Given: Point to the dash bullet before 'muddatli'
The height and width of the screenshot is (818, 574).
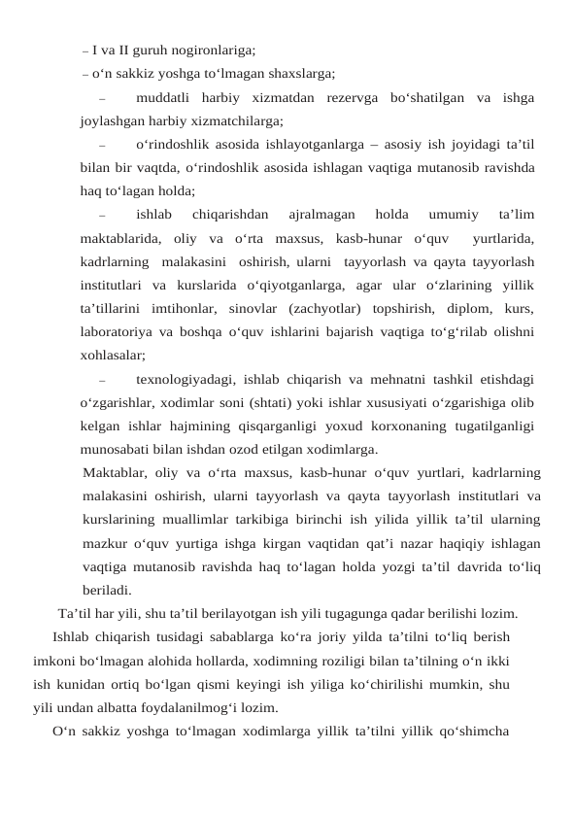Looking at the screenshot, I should click(101, 97).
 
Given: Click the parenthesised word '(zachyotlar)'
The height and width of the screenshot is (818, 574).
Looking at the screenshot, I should click(330, 308).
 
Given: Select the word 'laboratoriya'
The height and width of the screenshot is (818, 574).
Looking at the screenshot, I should click(119, 331).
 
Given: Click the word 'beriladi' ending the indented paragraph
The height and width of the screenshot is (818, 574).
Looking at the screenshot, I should click(107, 590).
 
